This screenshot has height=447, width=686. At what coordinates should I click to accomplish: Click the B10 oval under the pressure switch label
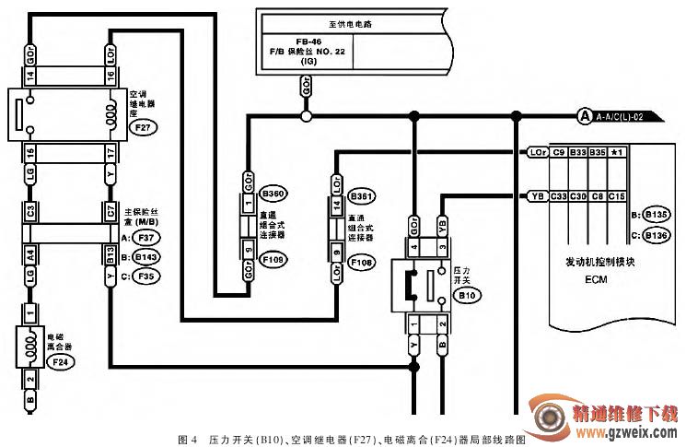[468, 297]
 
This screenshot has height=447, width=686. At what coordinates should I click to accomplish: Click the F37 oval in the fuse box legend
[145, 239]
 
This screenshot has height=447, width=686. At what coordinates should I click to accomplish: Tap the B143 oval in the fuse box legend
[145, 256]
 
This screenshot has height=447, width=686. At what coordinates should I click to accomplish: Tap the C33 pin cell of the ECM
[557, 195]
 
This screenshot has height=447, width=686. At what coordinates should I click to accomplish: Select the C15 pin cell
[617, 195]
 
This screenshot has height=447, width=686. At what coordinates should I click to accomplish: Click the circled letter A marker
[584, 116]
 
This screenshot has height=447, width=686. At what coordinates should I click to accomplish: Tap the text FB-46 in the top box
[308, 41]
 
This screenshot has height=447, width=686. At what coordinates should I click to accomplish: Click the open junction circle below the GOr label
[307, 116]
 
